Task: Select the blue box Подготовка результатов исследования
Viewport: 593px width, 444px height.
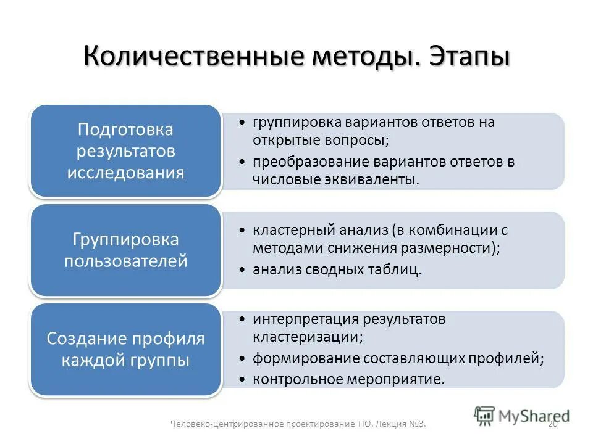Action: tap(126, 151)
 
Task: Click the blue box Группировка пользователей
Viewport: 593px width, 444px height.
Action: tap(126, 250)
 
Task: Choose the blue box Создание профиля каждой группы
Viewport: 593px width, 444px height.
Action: tap(126, 349)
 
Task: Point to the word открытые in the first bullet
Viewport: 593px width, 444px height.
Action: tap(284, 140)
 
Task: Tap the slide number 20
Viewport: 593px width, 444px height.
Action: tap(553, 424)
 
